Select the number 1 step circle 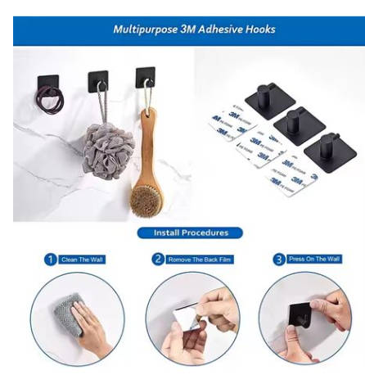point(51,260)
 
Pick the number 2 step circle point(158,260)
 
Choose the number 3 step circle point(277,260)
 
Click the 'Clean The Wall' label point(83,260)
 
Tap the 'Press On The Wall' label point(313,259)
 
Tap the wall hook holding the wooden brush point(145,78)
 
